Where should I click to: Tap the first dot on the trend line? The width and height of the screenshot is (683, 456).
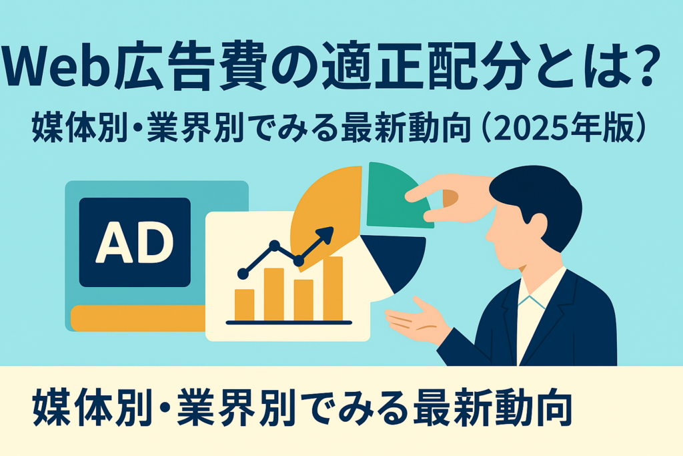click(243, 274)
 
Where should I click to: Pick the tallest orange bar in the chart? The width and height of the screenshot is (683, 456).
click(333, 289)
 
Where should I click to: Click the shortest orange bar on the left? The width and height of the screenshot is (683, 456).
click(244, 305)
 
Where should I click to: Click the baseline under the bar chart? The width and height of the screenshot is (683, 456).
click(289, 322)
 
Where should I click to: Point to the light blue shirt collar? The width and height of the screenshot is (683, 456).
click(532, 302)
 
